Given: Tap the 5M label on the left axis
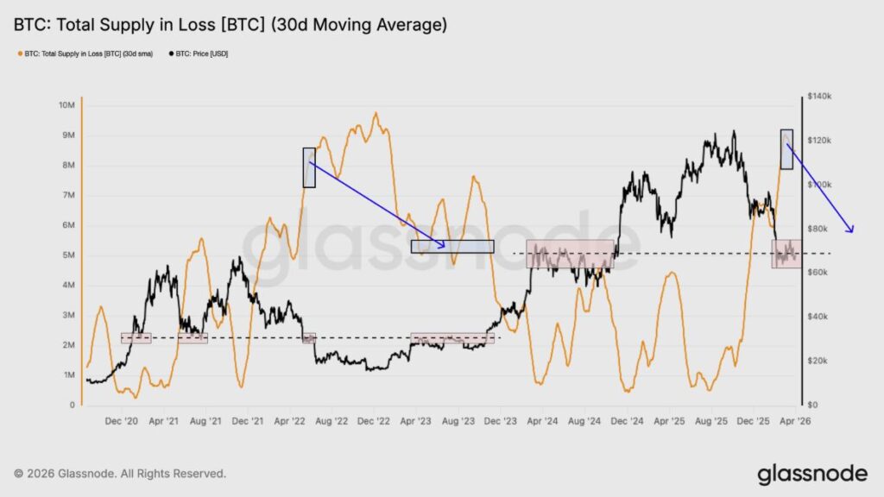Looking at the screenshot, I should coord(66,255).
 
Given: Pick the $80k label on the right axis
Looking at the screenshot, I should coord(818,229).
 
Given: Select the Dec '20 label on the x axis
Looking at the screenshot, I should coord(121,421).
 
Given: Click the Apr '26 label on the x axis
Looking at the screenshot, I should coord(791,421).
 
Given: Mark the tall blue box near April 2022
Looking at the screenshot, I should coord(309,167).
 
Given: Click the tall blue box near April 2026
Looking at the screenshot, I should coord(786,149).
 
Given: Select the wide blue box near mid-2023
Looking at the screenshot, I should coord(452,246).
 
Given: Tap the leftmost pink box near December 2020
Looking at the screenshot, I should coord(136,338).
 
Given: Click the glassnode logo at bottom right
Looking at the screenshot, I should coord(811,474).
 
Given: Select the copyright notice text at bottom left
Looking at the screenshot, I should coord(120,474).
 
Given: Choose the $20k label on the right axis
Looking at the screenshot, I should coord(818,361).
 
